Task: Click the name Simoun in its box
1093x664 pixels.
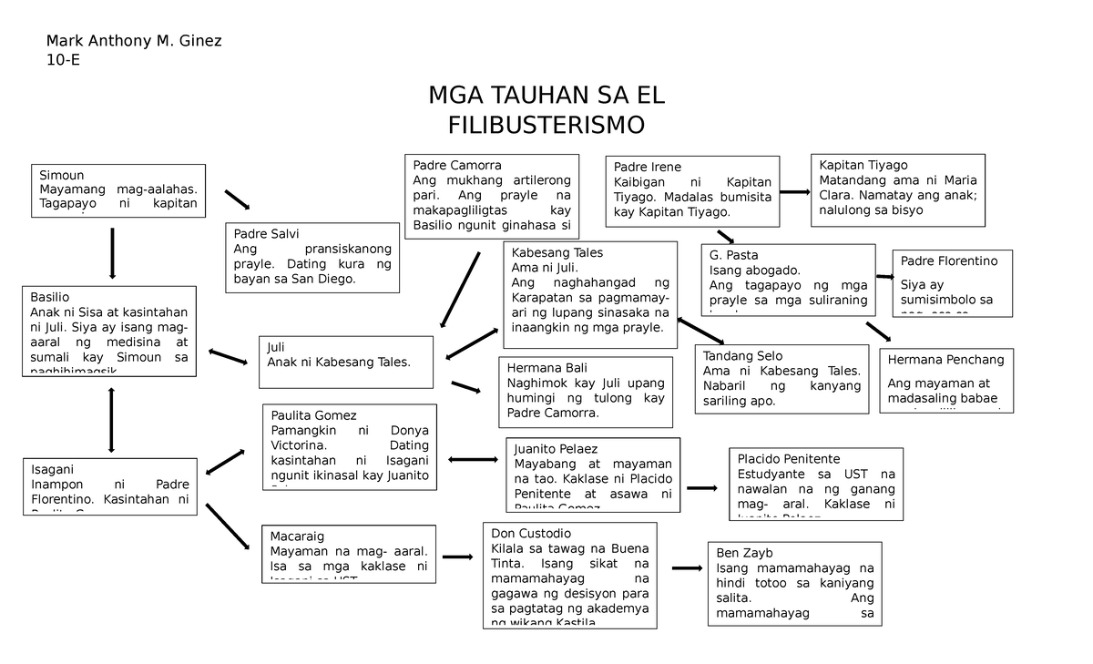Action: coord(62,175)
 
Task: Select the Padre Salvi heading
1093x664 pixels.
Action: coord(266,233)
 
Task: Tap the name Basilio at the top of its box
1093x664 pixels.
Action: coord(50,297)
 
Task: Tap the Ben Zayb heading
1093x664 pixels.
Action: coord(744,553)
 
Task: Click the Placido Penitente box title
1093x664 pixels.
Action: coord(788,459)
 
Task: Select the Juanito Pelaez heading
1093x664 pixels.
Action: coord(556,449)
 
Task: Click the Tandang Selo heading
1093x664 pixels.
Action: coord(742,356)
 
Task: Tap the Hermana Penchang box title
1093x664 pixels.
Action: coord(945,360)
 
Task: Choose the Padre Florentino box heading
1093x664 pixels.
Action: coord(948,260)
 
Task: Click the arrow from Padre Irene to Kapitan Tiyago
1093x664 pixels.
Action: coord(794,192)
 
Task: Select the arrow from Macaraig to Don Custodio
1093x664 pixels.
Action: coord(457,557)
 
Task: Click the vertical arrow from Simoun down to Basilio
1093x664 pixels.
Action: coord(112,252)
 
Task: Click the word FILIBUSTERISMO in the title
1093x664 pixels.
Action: coord(546,124)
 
